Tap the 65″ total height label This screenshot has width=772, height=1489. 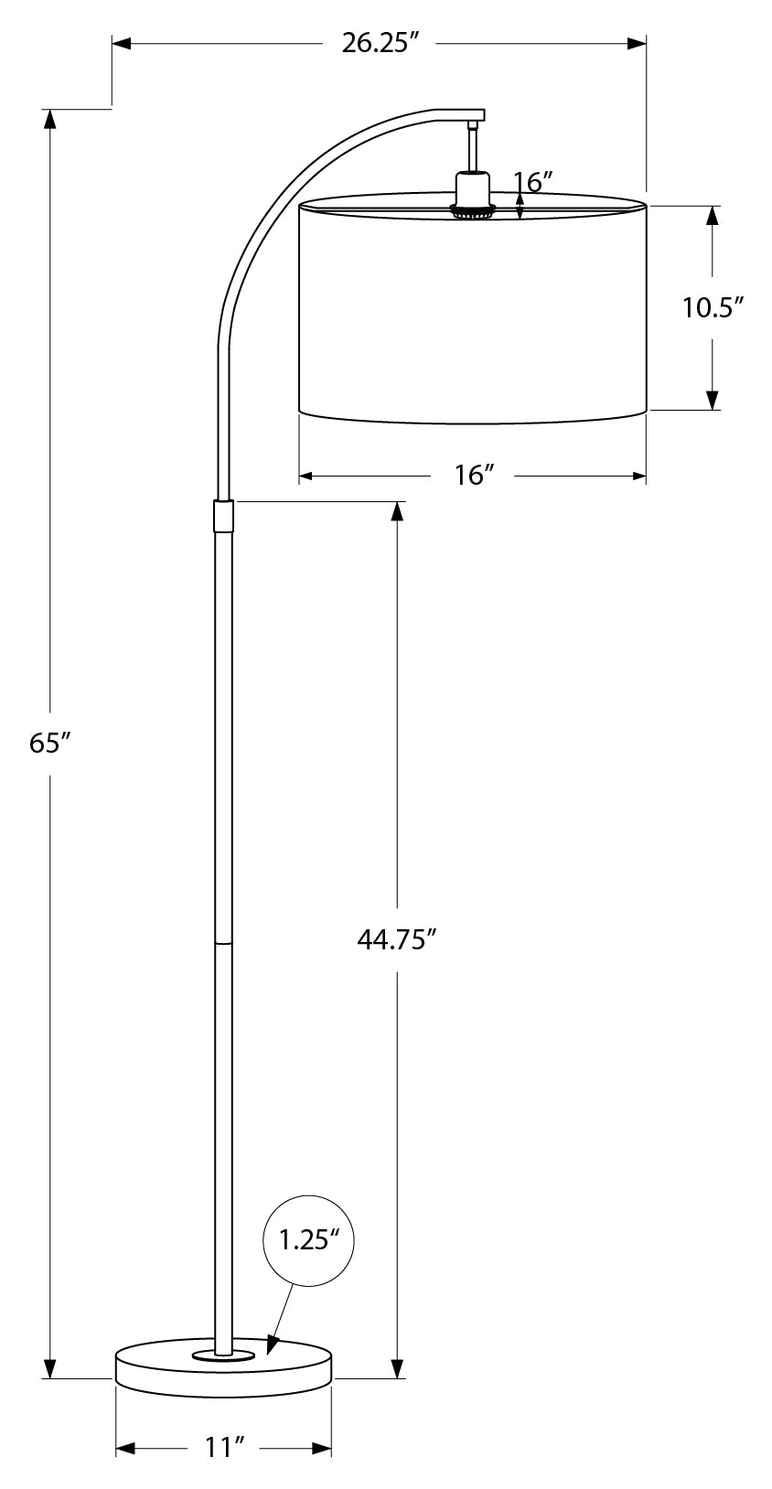49,744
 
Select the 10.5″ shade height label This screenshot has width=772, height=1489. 710,307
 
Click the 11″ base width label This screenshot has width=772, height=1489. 223,1448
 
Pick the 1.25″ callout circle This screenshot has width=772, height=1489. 308,1241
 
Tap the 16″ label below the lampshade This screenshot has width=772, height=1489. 473,476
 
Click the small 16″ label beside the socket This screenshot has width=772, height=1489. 535,182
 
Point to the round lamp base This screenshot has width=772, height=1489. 223,1372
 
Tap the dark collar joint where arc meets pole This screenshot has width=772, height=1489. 223,516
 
